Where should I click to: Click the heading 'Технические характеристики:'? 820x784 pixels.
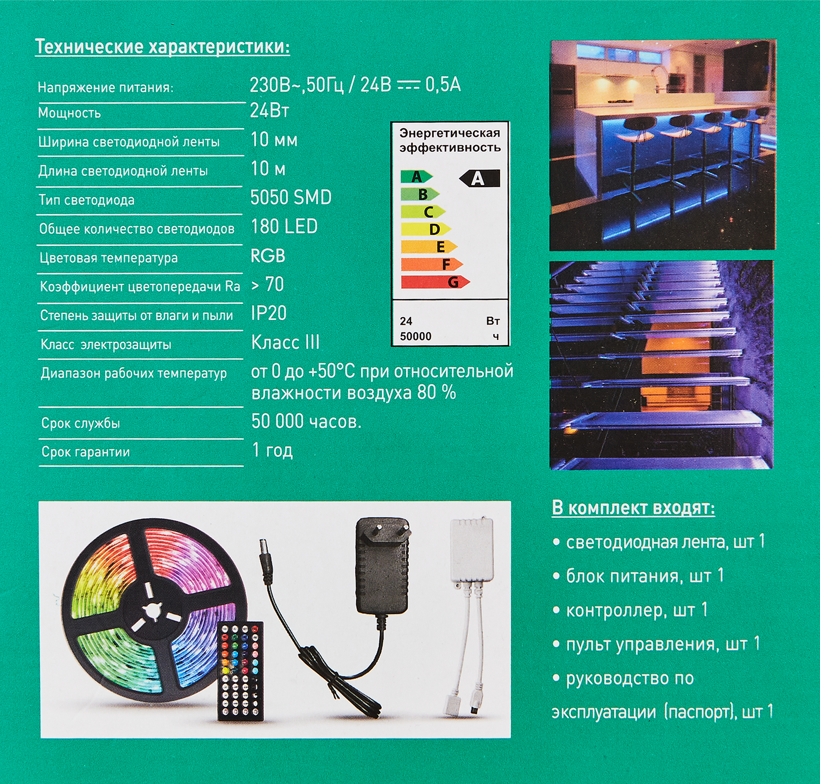coord(162,47)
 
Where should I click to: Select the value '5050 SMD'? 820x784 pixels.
coord(290,198)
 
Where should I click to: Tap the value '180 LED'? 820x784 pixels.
coord(284,227)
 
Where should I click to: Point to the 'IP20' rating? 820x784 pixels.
coord(269,313)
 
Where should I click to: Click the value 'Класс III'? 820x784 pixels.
coord(285,343)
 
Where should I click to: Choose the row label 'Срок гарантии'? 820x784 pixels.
coord(86,452)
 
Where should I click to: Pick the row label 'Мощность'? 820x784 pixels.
coord(69,113)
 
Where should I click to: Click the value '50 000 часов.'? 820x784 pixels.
coord(306,421)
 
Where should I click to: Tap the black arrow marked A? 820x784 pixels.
coord(479,178)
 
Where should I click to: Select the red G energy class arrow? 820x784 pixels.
coord(435,282)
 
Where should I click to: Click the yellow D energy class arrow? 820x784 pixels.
coord(426,229)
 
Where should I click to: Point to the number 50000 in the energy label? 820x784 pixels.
coord(415,336)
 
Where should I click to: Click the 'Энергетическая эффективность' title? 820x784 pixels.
coord(450,140)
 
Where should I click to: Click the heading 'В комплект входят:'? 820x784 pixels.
coord(633,508)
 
